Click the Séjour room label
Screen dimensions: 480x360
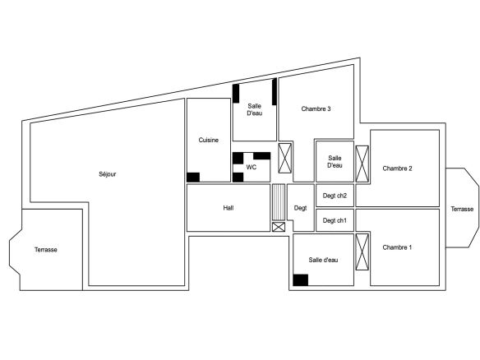tap(108, 174)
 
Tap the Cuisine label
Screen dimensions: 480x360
tap(209, 140)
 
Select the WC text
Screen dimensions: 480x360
tap(252, 167)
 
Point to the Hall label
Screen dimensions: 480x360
tap(228, 208)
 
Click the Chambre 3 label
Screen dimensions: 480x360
tap(316, 108)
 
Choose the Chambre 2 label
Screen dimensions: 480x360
tap(397, 168)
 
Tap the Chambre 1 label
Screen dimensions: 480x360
tap(397, 247)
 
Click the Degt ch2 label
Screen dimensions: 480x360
tap(335, 196)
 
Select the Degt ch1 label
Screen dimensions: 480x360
tap(335, 220)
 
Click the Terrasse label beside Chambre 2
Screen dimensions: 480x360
tap(462, 209)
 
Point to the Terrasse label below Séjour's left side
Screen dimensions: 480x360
tap(46, 250)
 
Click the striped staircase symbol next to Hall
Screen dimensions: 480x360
tap(279, 202)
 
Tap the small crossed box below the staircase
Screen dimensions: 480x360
tap(279, 227)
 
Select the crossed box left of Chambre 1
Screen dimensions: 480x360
tap(362, 252)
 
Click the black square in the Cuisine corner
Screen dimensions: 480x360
tap(193, 178)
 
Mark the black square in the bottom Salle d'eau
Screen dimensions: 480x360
tap(301, 280)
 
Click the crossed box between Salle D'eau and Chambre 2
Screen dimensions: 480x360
tap(362, 164)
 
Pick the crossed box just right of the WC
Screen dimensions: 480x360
tap(285, 158)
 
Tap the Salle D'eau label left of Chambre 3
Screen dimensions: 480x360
tap(255, 109)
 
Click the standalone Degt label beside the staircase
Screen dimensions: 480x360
tap(300, 208)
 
